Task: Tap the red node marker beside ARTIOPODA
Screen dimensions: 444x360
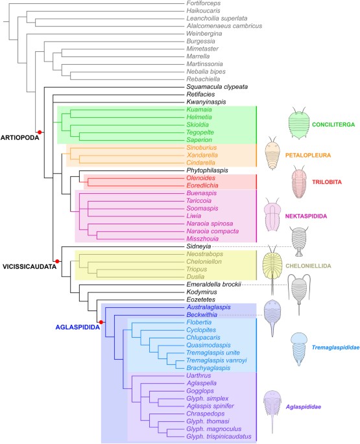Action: click(x=40, y=132)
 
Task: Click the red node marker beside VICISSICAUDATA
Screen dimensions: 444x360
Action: click(x=58, y=261)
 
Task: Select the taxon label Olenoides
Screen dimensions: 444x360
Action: click(x=201, y=177)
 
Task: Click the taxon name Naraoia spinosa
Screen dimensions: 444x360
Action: click(x=212, y=224)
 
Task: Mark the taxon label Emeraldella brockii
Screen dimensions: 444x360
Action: click(x=214, y=284)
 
